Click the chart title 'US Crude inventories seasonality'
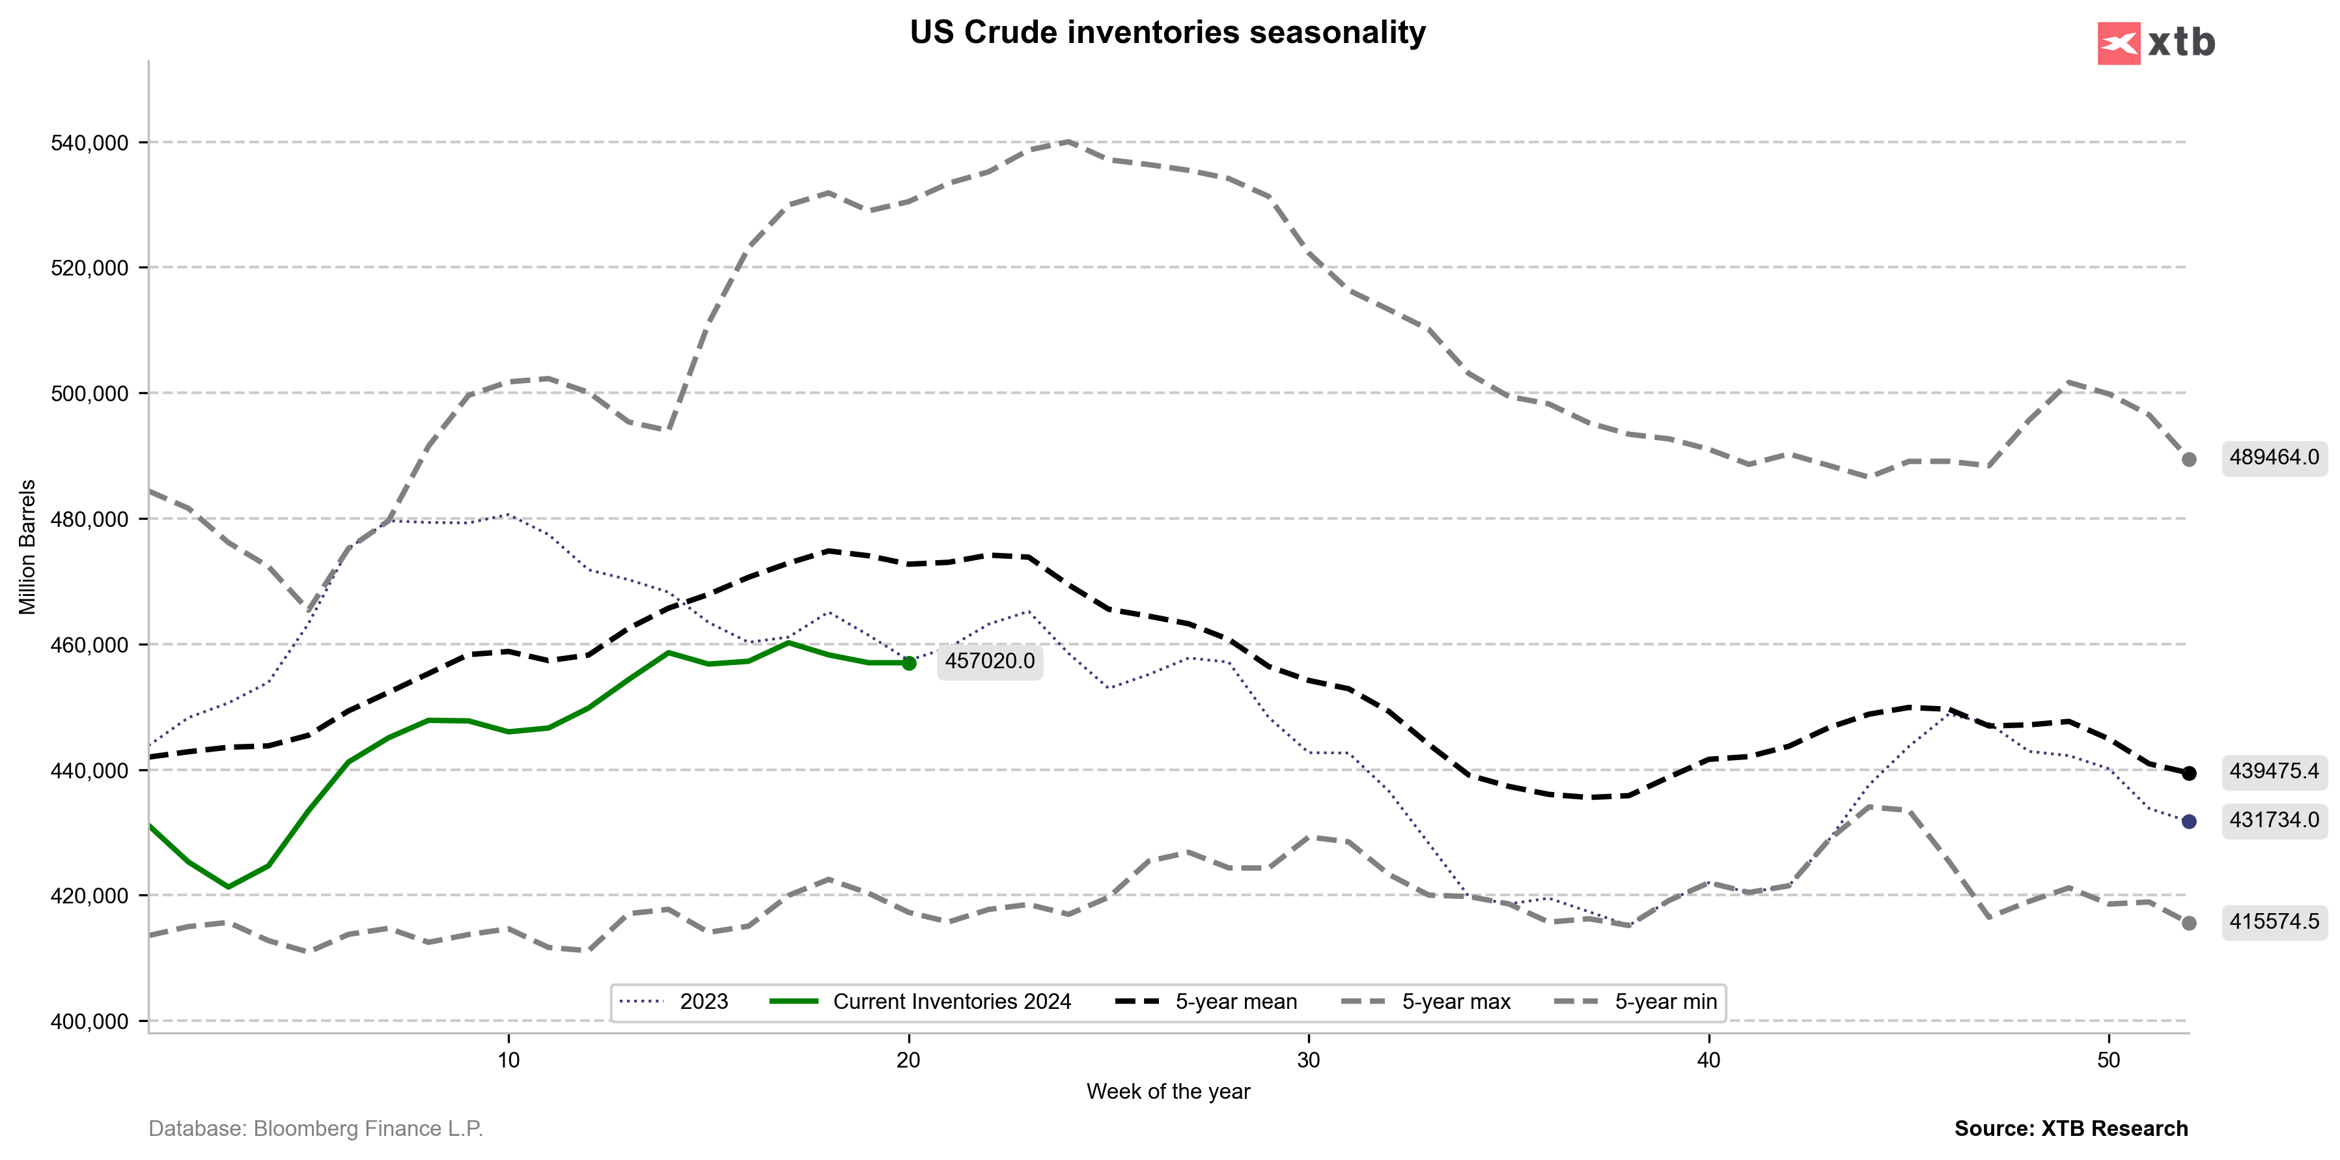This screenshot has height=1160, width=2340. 1167,33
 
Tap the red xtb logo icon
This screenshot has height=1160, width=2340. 2119,43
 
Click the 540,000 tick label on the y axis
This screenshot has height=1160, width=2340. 89,143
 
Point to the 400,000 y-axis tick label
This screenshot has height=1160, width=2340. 89,1022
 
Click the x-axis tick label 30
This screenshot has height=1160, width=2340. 1308,1060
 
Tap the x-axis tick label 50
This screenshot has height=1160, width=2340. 2108,1060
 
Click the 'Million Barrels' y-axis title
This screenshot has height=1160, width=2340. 27,547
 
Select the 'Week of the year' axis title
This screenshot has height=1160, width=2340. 1168,1092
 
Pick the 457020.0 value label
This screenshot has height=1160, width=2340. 989,661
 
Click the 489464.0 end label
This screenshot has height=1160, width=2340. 2274,458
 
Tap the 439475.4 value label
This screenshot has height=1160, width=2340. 2274,771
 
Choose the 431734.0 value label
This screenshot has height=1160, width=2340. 2274,820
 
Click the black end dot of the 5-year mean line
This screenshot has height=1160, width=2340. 2189,773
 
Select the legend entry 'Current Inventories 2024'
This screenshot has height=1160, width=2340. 951,1002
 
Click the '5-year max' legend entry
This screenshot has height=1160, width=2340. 1455,1002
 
